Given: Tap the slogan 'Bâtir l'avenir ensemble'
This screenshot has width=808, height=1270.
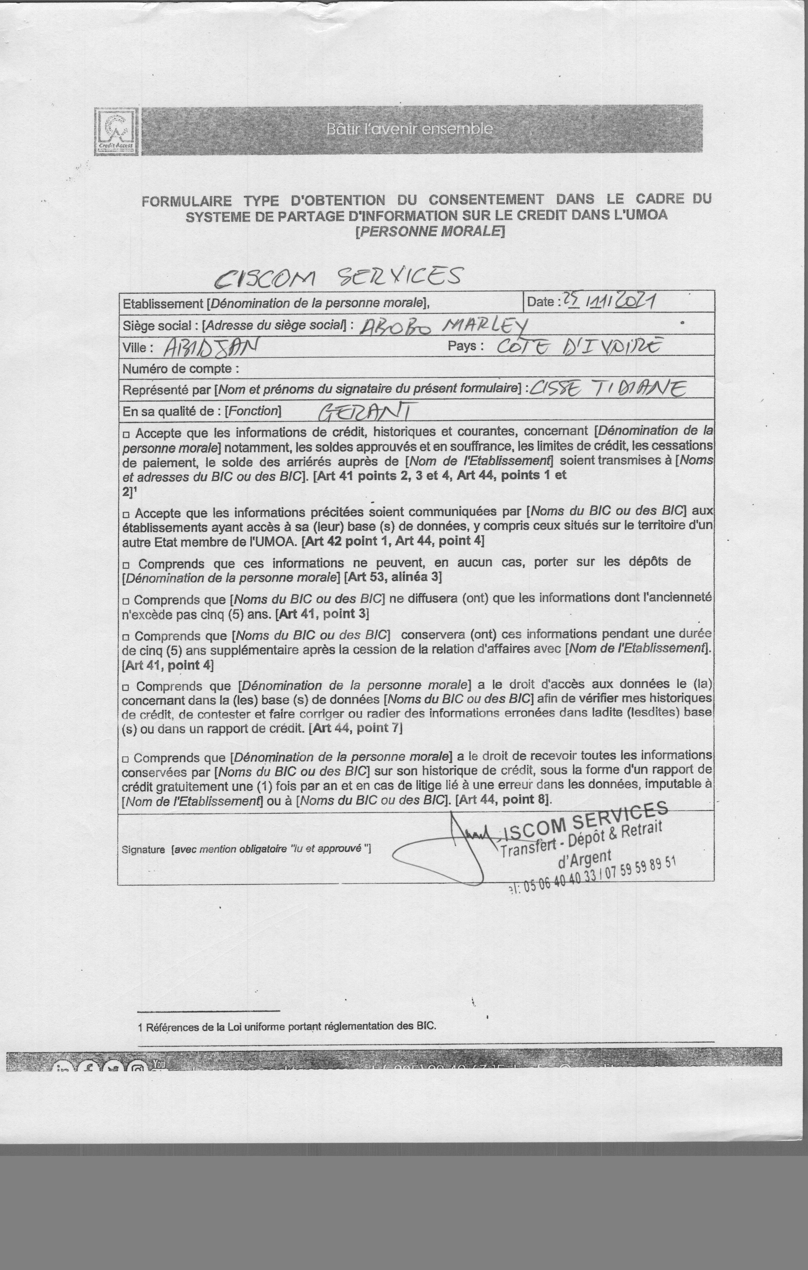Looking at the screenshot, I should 409,129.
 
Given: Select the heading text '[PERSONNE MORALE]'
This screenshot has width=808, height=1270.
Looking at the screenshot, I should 430,231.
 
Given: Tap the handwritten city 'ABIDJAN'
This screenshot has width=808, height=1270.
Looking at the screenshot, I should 211,347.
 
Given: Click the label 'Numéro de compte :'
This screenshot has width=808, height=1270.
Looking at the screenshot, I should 180,369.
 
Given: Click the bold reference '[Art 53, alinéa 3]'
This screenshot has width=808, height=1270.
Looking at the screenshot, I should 392,577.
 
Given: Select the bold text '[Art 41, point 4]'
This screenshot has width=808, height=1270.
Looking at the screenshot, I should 168,665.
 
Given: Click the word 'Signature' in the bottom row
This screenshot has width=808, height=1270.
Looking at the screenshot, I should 143,850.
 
